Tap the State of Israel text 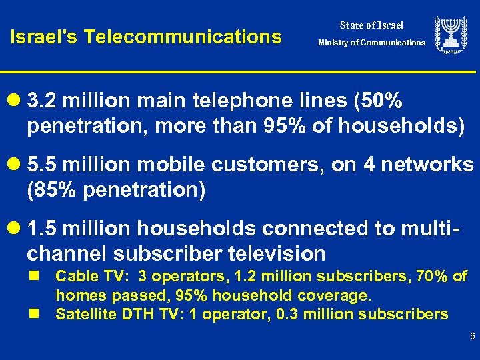click(371, 25)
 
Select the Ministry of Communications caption click(371, 43)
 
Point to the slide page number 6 click(472, 337)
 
